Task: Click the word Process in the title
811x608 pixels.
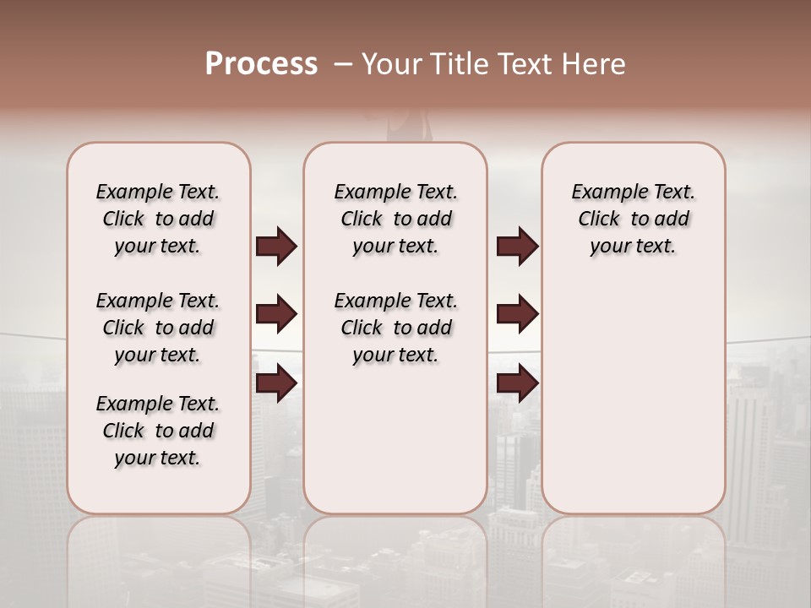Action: point(261,64)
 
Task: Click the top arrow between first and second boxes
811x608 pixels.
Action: point(277,247)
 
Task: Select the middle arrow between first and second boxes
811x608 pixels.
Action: point(277,314)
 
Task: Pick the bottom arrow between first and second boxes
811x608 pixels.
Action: point(277,383)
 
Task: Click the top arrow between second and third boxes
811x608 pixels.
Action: point(517,247)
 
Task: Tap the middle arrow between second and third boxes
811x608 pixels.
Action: point(517,314)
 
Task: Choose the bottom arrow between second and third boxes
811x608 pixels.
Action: point(517,383)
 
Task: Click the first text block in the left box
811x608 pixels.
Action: point(158,219)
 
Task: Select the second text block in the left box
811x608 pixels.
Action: point(158,328)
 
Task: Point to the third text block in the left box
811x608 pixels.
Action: point(158,431)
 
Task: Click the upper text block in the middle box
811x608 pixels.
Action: point(395,219)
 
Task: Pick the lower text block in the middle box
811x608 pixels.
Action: point(395,328)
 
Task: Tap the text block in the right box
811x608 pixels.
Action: point(633,219)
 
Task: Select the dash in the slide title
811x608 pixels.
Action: point(343,64)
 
